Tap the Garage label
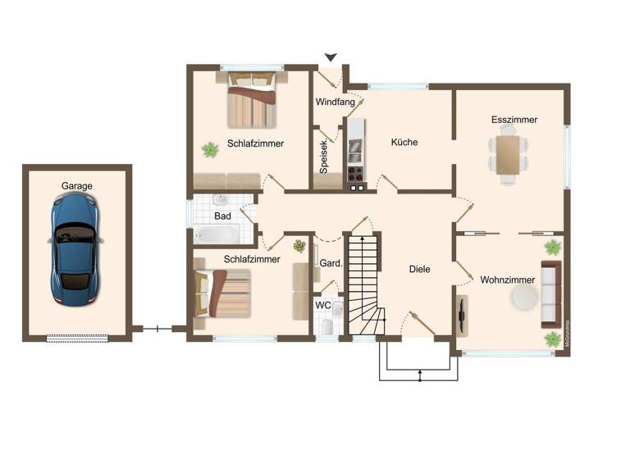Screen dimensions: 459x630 [x=77, y=186]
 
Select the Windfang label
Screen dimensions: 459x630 [x=336, y=102]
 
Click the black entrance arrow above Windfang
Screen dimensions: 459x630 [x=331, y=57]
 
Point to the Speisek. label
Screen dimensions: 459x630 [x=324, y=157]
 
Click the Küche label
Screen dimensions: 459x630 [x=404, y=142]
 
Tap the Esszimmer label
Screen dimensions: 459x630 [x=514, y=120]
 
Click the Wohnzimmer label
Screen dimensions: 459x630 [x=508, y=279]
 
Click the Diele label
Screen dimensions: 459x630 [x=420, y=269]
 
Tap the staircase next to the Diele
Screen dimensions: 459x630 [x=363, y=283]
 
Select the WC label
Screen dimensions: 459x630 [x=323, y=305]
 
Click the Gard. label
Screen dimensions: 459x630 [x=330, y=263]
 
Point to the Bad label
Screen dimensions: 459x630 [x=222, y=216]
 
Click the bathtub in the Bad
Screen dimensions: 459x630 [x=217, y=236]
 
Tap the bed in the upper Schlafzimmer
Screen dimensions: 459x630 [x=252, y=99]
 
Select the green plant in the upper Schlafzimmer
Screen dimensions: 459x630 [x=211, y=149]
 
